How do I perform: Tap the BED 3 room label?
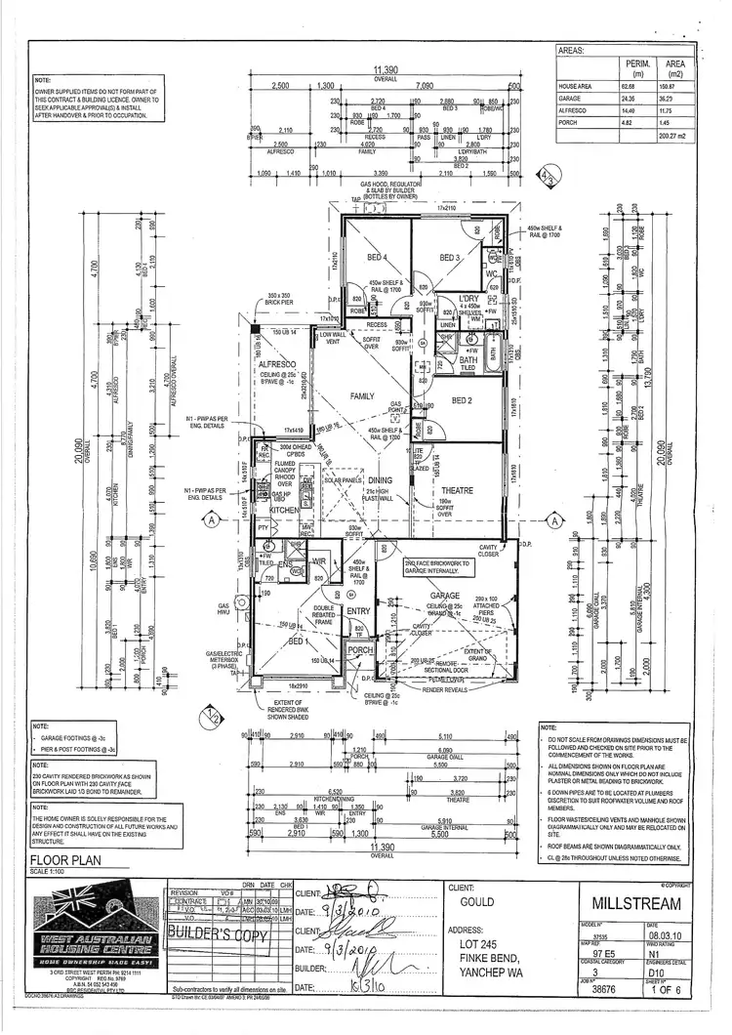click(449, 258)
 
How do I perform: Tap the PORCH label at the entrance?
click(360, 649)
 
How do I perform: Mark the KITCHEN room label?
click(284, 511)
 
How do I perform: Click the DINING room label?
click(380, 479)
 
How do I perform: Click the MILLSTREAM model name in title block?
click(644, 904)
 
